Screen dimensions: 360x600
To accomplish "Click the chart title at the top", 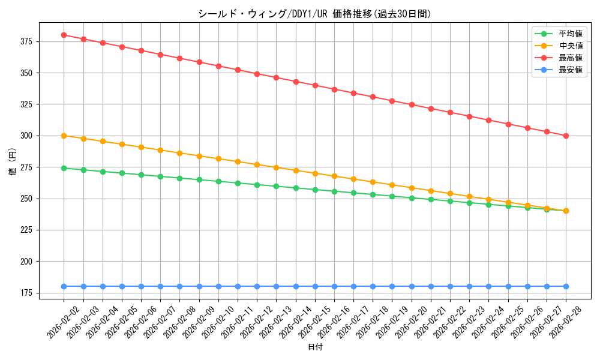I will pyautogui.click(x=314, y=14).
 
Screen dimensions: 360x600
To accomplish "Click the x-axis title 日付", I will pyautogui.click(x=315, y=347).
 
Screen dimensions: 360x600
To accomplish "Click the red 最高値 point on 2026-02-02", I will pyautogui.click(x=64, y=35).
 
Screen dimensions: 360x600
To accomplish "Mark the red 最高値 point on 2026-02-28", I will pyautogui.click(x=566, y=136).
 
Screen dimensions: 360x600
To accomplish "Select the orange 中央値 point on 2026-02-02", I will pyautogui.click(x=64, y=136).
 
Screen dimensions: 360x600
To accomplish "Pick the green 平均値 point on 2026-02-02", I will pyautogui.click(x=64, y=168).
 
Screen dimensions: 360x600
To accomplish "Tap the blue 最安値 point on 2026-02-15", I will pyautogui.click(x=315, y=286).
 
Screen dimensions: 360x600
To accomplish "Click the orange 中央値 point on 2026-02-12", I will pyautogui.click(x=257, y=164).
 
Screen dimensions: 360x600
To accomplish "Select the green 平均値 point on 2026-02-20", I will pyautogui.click(x=412, y=198).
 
